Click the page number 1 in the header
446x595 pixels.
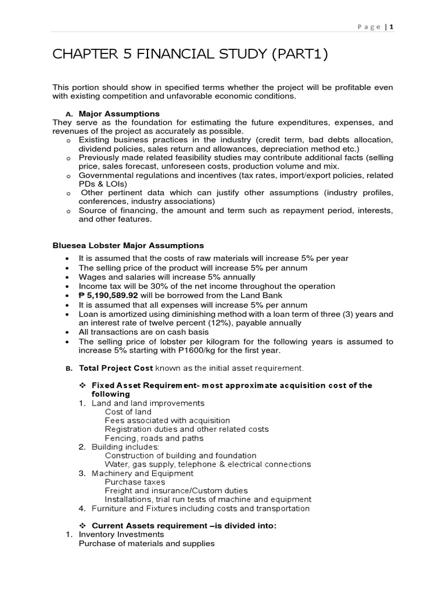(x=391, y=27)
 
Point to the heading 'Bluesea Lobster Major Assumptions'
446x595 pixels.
(x=128, y=246)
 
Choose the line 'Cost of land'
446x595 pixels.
(x=128, y=411)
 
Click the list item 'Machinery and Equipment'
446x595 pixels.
(x=142, y=473)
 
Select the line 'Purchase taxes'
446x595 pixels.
(x=135, y=482)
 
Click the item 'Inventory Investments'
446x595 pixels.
(x=121, y=534)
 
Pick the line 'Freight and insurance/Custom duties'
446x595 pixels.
(x=176, y=490)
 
